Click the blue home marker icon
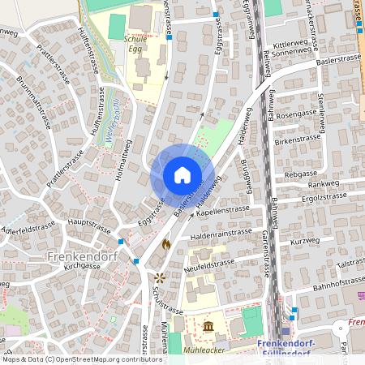[182, 175]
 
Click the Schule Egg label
[135, 43]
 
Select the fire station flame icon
[166, 243]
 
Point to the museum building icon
[210, 326]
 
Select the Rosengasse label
[294, 114]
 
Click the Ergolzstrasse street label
[323, 196]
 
